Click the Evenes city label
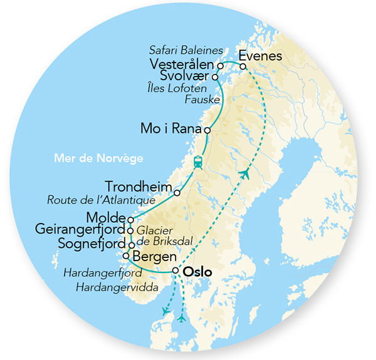point(260,56)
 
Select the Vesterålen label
point(182,65)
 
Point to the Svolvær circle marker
point(215,77)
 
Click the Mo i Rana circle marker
point(207,130)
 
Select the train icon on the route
point(199,162)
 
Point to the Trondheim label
point(138,187)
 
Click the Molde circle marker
point(130,220)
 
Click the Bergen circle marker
point(126,255)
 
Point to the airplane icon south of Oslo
point(182,318)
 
